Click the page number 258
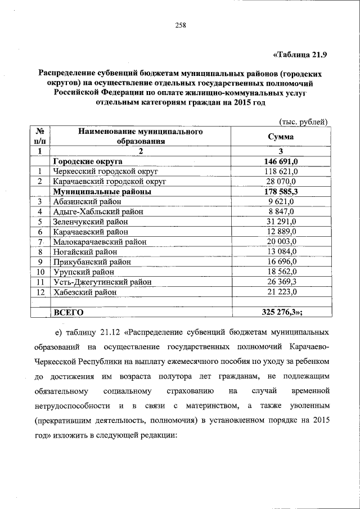click(x=180, y=25)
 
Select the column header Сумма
click(x=280, y=136)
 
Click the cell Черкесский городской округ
click(x=105, y=172)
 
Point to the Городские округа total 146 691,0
click(x=281, y=161)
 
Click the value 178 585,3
click(x=281, y=191)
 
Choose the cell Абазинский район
click(x=85, y=201)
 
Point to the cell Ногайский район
click(x=85, y=251)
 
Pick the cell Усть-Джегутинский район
click(x=102, y=282)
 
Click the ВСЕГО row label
click(x=68, y=312)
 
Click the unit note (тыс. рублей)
click(x=303, y=122)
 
